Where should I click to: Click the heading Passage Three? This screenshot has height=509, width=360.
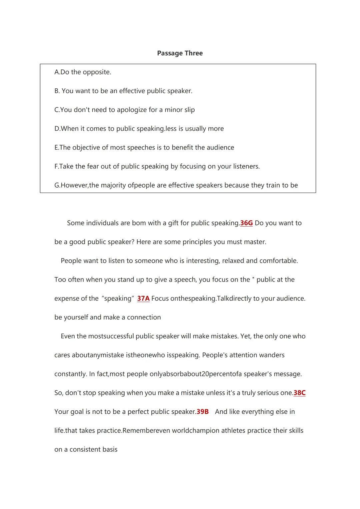coord(180,53)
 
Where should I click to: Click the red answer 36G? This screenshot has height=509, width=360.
coord(246,223)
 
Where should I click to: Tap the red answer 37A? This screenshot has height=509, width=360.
coord(143,299)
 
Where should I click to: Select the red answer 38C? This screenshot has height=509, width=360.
coord(299,393)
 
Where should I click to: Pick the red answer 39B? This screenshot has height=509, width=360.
coord(203,412)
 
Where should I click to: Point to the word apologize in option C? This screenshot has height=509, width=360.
coord(127,110)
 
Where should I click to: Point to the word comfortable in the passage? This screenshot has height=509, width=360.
coord(278,261)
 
